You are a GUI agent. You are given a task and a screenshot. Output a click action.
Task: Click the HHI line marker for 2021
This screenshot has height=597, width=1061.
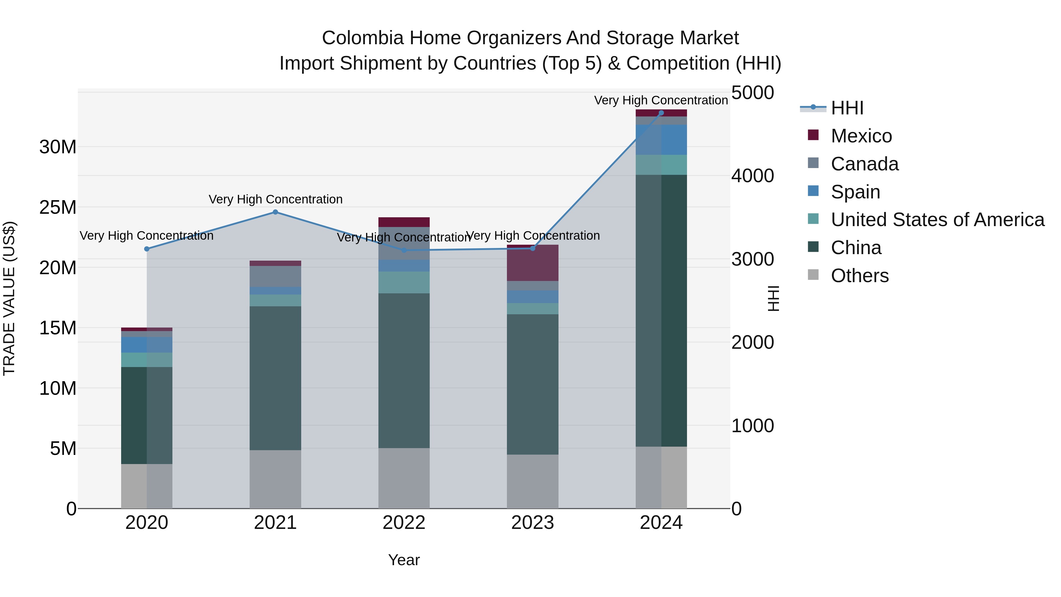click(x=275, y=212)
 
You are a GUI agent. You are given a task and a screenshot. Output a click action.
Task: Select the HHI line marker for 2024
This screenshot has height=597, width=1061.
click(x=661, y=113)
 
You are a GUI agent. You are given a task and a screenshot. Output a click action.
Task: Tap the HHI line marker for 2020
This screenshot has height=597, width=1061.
click(x=147, y=249)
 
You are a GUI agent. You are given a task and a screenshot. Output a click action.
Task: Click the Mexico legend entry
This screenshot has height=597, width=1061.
click(x=861, y=136)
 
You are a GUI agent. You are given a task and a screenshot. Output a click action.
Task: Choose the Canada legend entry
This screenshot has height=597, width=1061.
click(x=864, y=164)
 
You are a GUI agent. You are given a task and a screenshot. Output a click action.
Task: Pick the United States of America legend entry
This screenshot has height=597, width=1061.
click(x=937, y=220)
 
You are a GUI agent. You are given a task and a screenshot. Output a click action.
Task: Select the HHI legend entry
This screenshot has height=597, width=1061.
click(x=846, y=108)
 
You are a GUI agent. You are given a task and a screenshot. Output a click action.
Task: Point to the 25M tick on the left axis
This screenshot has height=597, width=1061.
click(x=58, y=207)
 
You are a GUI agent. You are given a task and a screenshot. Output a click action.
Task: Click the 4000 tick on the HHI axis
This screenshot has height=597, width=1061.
click(x=752, y=176)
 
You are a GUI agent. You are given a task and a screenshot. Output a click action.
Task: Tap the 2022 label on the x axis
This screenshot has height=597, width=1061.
click(x=404, y=523)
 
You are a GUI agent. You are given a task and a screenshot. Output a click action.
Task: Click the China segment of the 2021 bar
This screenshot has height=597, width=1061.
click(x=275, y=378)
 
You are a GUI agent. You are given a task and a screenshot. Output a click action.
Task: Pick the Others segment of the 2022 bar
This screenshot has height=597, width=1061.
click(x=404, y=478)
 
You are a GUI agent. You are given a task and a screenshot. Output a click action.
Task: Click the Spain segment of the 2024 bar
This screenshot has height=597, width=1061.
click(x=661, y=140)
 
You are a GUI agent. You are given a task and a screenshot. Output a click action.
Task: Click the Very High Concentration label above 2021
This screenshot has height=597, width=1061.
click(x=275, y=199)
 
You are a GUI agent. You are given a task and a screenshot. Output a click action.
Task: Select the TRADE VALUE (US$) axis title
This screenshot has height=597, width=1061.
click(x=9, y=298)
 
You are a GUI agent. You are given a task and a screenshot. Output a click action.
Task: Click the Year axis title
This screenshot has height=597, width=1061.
click(x=404, y=560)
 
